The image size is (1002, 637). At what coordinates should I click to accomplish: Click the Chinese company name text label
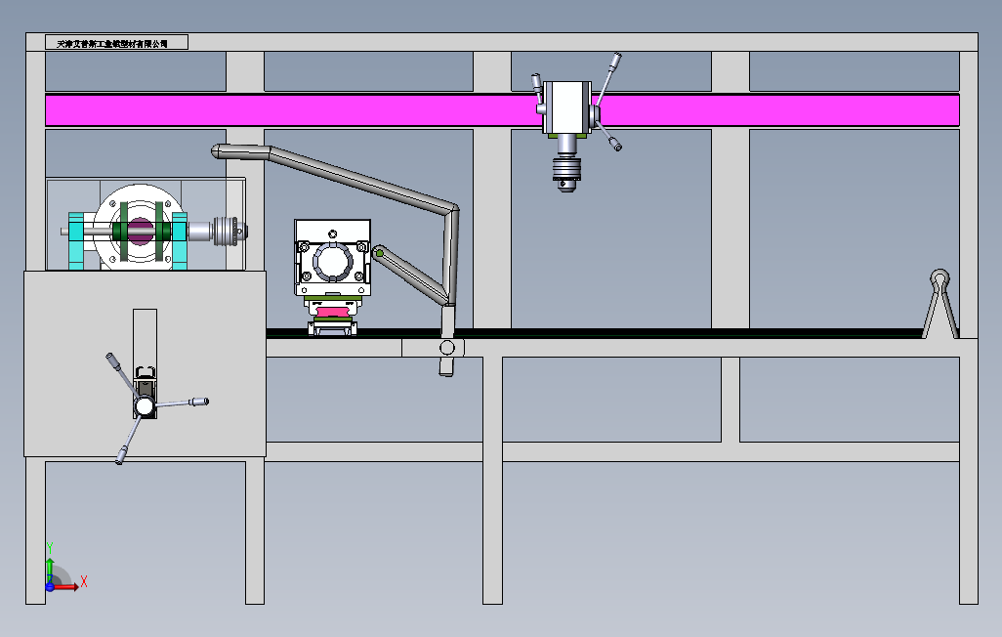pos(113,43)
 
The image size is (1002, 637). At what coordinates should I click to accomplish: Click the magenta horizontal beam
pos(293,109)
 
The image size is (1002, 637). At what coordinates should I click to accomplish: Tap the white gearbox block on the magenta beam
pos(565,106)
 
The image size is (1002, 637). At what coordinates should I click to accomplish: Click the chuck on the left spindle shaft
pos(231,232)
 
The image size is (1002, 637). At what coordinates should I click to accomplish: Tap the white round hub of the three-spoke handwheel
pos(144,405)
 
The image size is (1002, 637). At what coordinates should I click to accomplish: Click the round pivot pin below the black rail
pos(447,348)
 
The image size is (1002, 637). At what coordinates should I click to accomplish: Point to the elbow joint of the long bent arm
pos(453,209)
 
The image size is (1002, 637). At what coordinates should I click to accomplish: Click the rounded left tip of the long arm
pos(218,151)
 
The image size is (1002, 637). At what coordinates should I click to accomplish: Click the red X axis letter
pos(84,581)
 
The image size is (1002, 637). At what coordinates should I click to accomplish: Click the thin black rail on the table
pos(684,332)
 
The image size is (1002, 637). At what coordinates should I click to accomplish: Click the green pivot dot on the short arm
pos(379,254)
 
